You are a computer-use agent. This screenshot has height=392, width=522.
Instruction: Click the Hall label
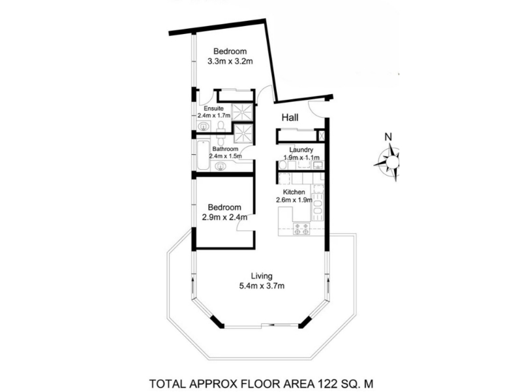pos(290,118)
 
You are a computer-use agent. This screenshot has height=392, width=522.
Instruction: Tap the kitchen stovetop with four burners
pos(301,229)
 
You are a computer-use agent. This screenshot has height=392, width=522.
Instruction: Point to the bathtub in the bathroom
pos(203,156)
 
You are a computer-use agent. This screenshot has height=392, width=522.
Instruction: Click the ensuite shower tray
pos(242,112)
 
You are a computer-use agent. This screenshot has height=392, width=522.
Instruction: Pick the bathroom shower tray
pos(244,134)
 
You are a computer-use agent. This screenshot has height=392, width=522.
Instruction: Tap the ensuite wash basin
pos(203,127)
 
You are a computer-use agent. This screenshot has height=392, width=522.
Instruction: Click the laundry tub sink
pos(317,165)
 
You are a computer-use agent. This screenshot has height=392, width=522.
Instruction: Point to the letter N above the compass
pos(388,137)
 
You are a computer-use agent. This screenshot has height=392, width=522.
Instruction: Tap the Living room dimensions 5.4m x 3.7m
pos(262,286)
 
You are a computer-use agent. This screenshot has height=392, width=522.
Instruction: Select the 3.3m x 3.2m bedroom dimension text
pos(230,61)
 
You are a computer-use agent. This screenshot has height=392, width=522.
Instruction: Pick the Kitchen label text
pos(294,192)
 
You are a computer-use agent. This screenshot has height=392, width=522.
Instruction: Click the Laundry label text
pos(301,150)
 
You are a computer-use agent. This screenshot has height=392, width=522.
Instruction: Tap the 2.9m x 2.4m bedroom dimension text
pos(224,218)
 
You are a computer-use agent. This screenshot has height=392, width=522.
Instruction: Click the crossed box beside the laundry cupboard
pos(322,136)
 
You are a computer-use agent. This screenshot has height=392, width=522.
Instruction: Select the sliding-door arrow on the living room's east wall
pos(328,286)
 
